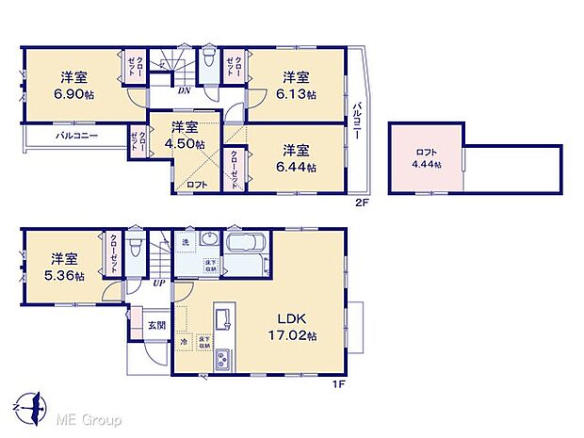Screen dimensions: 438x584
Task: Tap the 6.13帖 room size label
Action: pyautogui.click(x=296, y=94)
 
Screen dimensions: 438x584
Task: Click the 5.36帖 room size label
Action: pyautogui.click(x=66, y=275)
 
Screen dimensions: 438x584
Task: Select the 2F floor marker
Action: pyautogui.click(x=361, y=202)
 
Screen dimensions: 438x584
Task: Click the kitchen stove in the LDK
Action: pyautogui.click(x=224, y=360)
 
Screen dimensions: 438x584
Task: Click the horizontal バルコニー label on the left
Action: pyautogui.click(x=73, y=138)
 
